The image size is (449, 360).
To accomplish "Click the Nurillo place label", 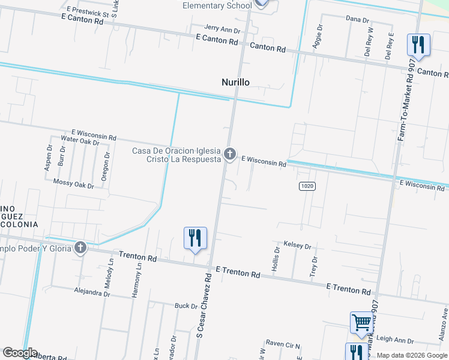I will [x=235, y=82].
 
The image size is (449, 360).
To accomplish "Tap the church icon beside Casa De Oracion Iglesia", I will [x=229, y=155].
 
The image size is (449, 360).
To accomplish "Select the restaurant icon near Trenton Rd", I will [x=195, y=238].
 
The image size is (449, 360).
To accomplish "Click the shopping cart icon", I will [x=361, y=322].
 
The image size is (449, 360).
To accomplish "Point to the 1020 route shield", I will [x=307, y=186].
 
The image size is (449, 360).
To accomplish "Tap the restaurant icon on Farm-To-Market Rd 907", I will [x=418, y=45].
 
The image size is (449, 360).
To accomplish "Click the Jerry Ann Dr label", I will [x=222, y=29].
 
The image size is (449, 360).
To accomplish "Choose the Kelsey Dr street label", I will [x=298, y=246].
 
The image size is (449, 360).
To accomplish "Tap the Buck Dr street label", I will [x=185, y=306].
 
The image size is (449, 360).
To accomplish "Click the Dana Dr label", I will [x=357, y=20].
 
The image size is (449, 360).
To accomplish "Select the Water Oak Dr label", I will [x=80, y=142].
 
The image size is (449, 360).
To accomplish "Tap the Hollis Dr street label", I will [x=277, y=259].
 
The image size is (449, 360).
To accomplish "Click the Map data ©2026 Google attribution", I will [x=412, y=355].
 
